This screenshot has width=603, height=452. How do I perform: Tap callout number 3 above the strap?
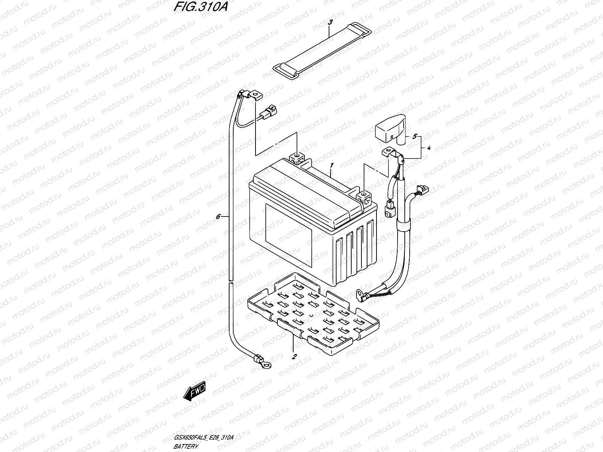point(330,23)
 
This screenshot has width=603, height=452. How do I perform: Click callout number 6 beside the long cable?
point(218,217)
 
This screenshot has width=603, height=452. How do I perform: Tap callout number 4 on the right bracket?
point(429,148)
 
